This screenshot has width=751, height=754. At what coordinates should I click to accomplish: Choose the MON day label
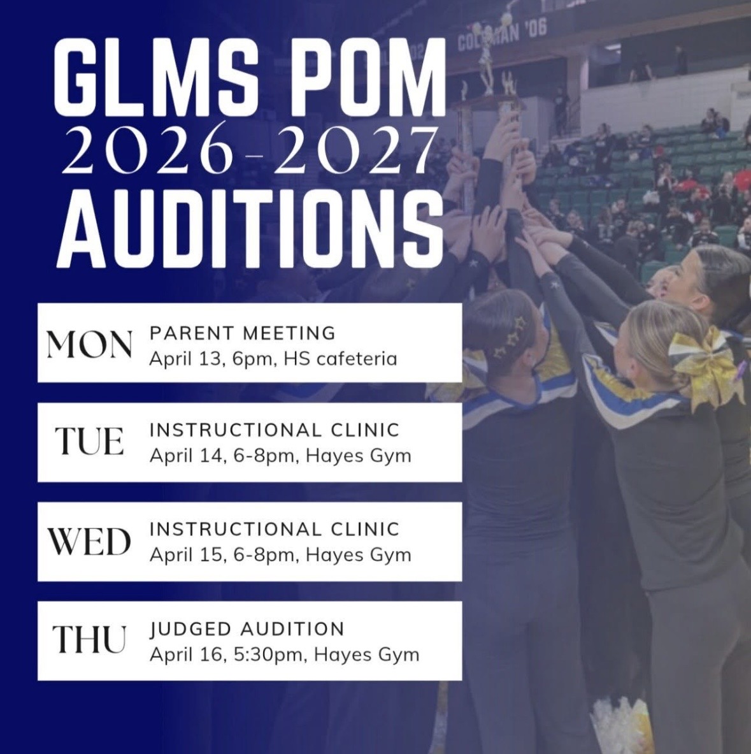(x=89, y=345)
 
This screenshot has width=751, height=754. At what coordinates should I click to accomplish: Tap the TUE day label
(x=89, y=442)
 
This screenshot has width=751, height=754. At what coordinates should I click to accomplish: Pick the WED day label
(x=89, y=542)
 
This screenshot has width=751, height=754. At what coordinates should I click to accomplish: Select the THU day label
(x=89, y=639)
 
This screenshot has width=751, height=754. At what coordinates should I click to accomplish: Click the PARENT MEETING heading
(x=243, y=333)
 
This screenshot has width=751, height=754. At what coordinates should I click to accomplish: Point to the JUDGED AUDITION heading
(x=247, y=629)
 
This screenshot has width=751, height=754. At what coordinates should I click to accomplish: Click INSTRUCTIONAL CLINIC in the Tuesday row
(x=275, y=430)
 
